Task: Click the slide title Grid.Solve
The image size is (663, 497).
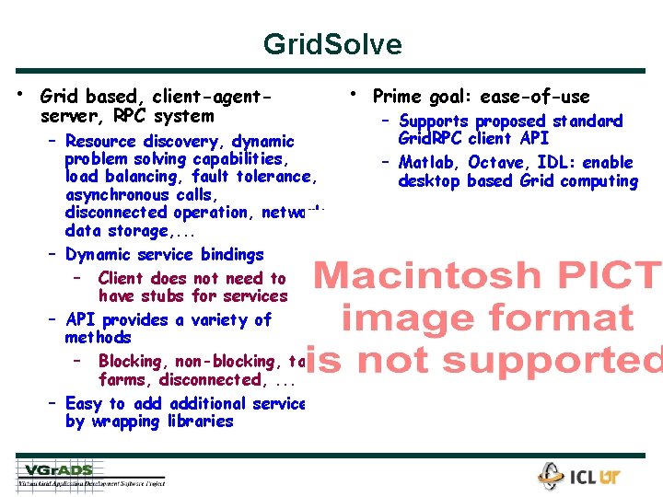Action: (331, 44)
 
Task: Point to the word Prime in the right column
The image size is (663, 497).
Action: (397, 97)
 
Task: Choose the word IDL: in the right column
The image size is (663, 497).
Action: (557, 163)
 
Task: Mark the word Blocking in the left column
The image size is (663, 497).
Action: (134, 362)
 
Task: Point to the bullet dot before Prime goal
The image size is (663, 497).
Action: (353, 94)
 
